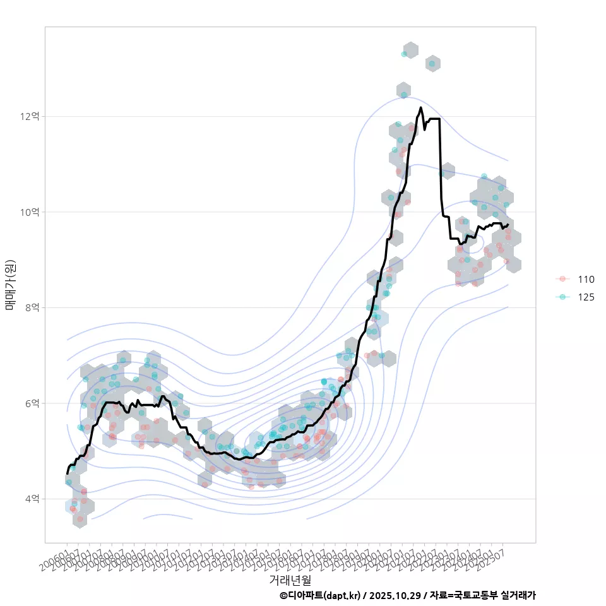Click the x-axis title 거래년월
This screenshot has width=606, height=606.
tap(290, 579)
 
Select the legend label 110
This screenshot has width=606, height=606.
tap(586, 280)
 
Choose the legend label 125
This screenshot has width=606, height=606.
tap(586, 297)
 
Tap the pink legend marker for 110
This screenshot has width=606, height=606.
tap(562, 280)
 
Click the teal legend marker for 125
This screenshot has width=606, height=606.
tap(562, 297)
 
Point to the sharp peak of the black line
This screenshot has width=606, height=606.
tap(421, 108)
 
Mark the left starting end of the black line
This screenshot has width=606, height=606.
tap(68, 473)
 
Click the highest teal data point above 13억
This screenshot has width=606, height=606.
tap(404, 54)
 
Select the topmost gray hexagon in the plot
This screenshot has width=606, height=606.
tap(411, 50)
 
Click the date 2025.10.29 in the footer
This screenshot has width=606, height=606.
tap(395, 595)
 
